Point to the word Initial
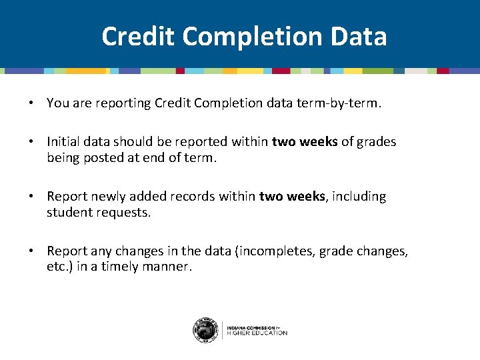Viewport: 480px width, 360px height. [x=63, y=141]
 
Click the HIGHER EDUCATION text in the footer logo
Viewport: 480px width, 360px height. [x=257, y=333]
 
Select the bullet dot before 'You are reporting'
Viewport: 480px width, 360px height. [x=31, y=103]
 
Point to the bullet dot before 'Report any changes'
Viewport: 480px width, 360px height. [x=31, y=251]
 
